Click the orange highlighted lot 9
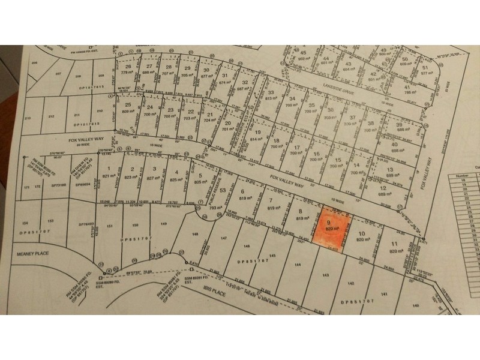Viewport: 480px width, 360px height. [x=329, y=229]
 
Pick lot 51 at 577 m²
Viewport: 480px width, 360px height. [x=426, y=71]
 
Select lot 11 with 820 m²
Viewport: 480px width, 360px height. [x=394, y=246]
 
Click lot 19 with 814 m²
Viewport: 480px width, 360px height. [x=257, y=136]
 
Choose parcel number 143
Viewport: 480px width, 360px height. [x=326, y=274]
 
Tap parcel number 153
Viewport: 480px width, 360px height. [x=50, y=221]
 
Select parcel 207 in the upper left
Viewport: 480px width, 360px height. [x=58, y=73]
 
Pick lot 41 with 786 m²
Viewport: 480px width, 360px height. [x=410, y=89]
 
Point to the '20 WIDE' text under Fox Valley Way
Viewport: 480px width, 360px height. [x=42, y=145]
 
